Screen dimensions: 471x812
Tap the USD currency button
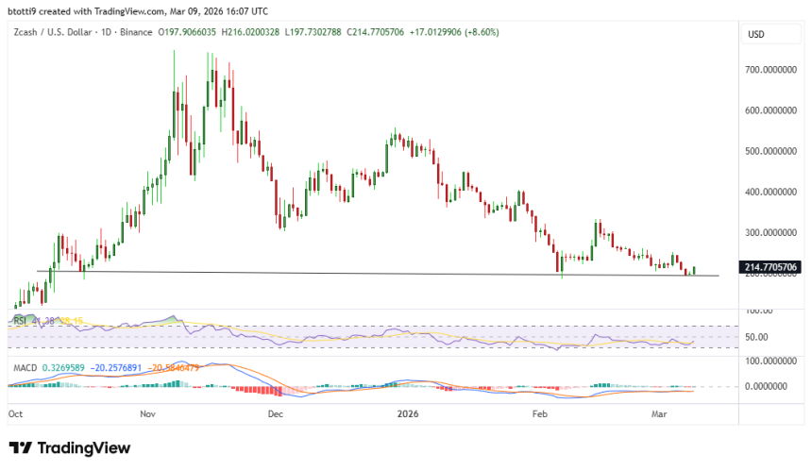coord(756,34)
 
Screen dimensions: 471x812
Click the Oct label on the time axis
coord(16,413)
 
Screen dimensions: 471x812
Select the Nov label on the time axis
coord(147,413)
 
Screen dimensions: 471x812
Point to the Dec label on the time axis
coord(275,413)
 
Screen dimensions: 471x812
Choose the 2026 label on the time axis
coord(408,413)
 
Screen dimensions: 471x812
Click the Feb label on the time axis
coord(539,413)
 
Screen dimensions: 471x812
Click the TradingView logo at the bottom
coord(70,448)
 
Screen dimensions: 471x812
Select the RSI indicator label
coord(20,321)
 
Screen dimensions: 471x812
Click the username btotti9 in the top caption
coord(23,11)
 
